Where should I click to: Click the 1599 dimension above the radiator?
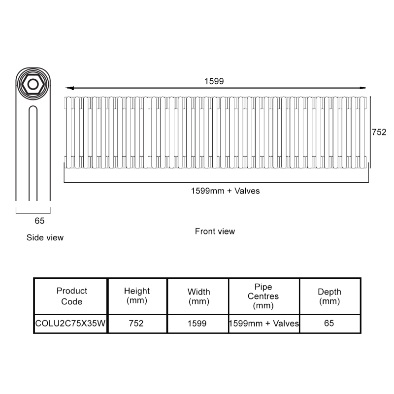214,81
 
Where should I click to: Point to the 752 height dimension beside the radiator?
379,132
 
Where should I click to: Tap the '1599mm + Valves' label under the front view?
225,191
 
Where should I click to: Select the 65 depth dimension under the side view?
39,221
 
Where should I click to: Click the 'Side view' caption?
45,237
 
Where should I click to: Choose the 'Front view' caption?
215,231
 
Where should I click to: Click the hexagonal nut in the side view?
33,84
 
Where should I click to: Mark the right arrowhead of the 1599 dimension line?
362,88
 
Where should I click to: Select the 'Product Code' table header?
71,296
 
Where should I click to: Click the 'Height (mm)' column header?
137,295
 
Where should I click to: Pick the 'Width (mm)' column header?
199,296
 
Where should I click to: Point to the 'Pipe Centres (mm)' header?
263,296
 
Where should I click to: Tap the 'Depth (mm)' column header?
329,296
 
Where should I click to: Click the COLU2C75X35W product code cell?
70,324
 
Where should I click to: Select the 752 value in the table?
136,324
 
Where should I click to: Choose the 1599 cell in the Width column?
197,324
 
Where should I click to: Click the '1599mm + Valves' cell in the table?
264,324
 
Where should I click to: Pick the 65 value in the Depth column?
329,323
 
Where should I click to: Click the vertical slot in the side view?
33,153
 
